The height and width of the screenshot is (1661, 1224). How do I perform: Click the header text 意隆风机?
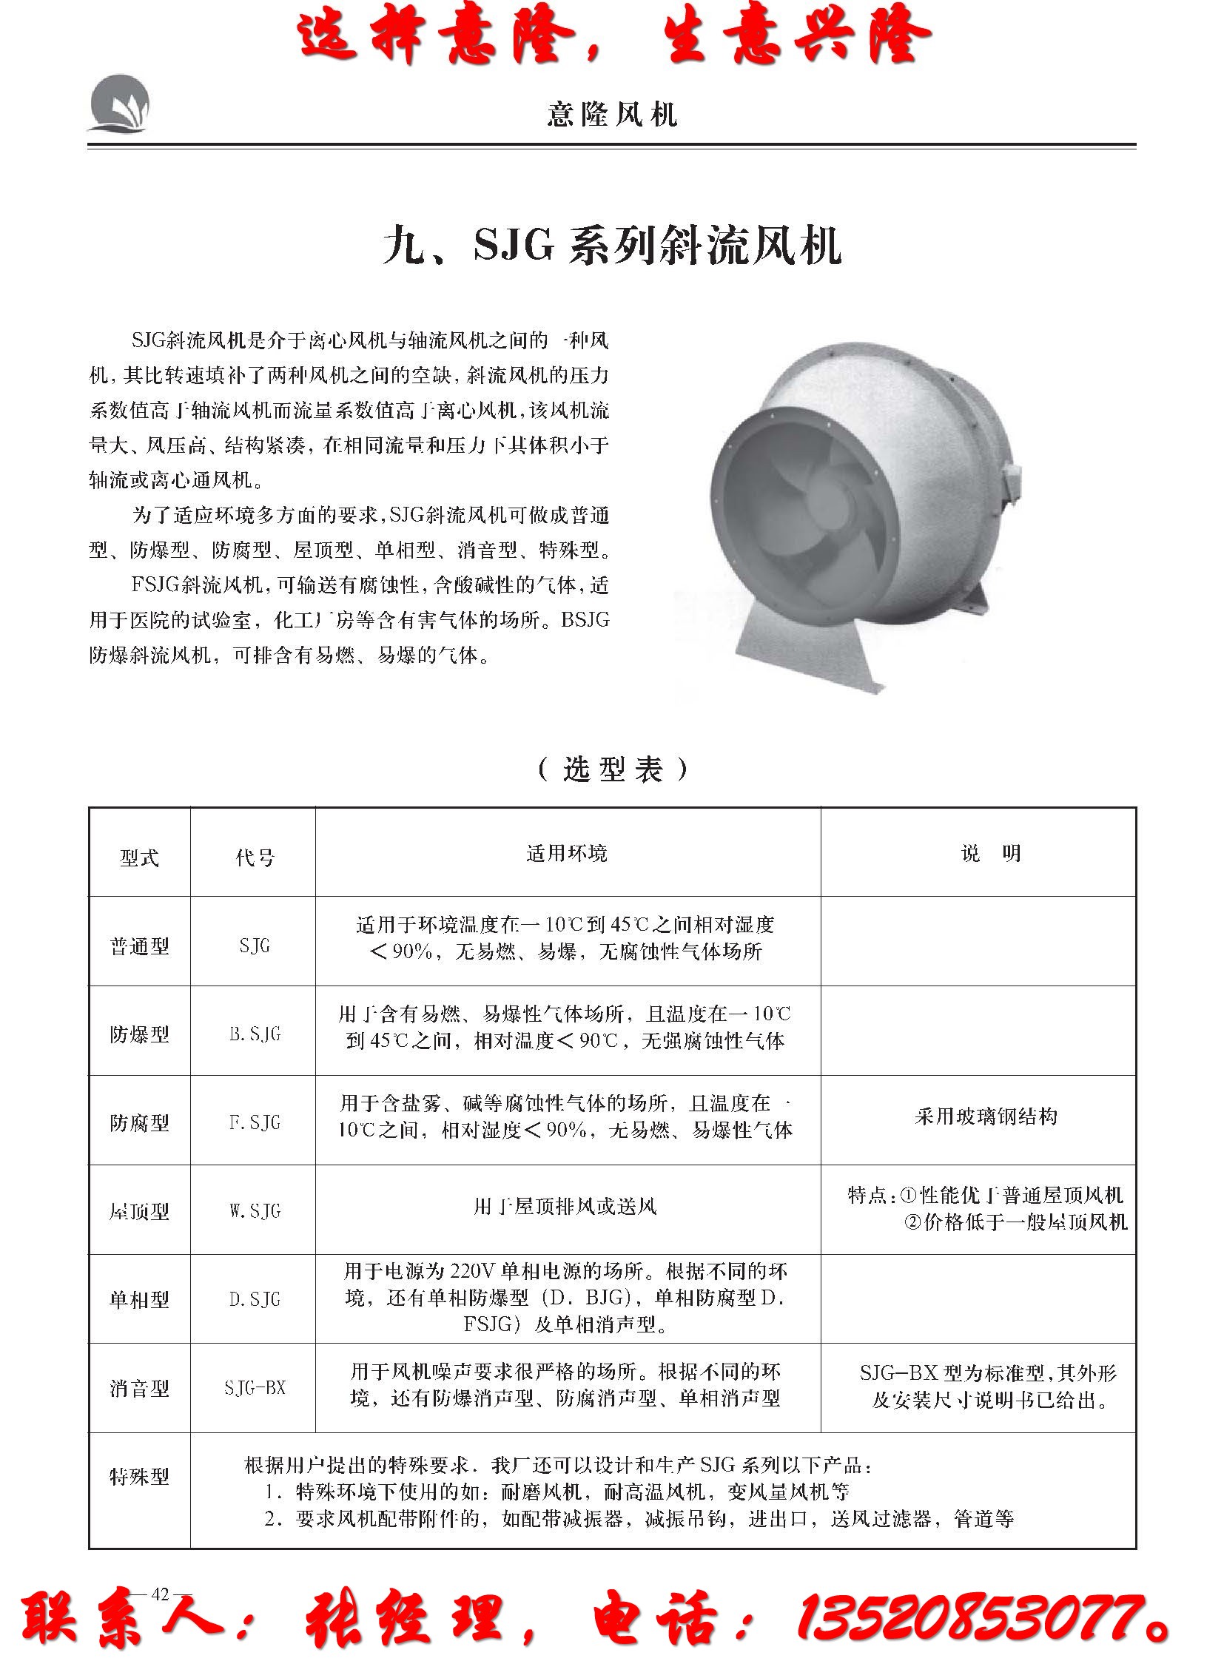(612, 115)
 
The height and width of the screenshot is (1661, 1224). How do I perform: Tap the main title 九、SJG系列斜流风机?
(612, 246)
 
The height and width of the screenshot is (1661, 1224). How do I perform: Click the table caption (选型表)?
(612, 769)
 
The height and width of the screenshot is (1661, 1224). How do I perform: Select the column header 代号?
(254, 858)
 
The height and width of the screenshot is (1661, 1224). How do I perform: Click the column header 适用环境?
(567, 854)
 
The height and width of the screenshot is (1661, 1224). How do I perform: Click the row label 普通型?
(139, 946)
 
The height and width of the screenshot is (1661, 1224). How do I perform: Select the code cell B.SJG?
(254, 1034)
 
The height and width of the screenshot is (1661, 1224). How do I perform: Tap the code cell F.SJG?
(254, 1122)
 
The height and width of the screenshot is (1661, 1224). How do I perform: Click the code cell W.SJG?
(254, 1211)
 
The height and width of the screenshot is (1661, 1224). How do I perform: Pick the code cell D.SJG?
(254, 1299)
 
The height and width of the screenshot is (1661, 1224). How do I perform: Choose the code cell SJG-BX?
(254, 1388)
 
